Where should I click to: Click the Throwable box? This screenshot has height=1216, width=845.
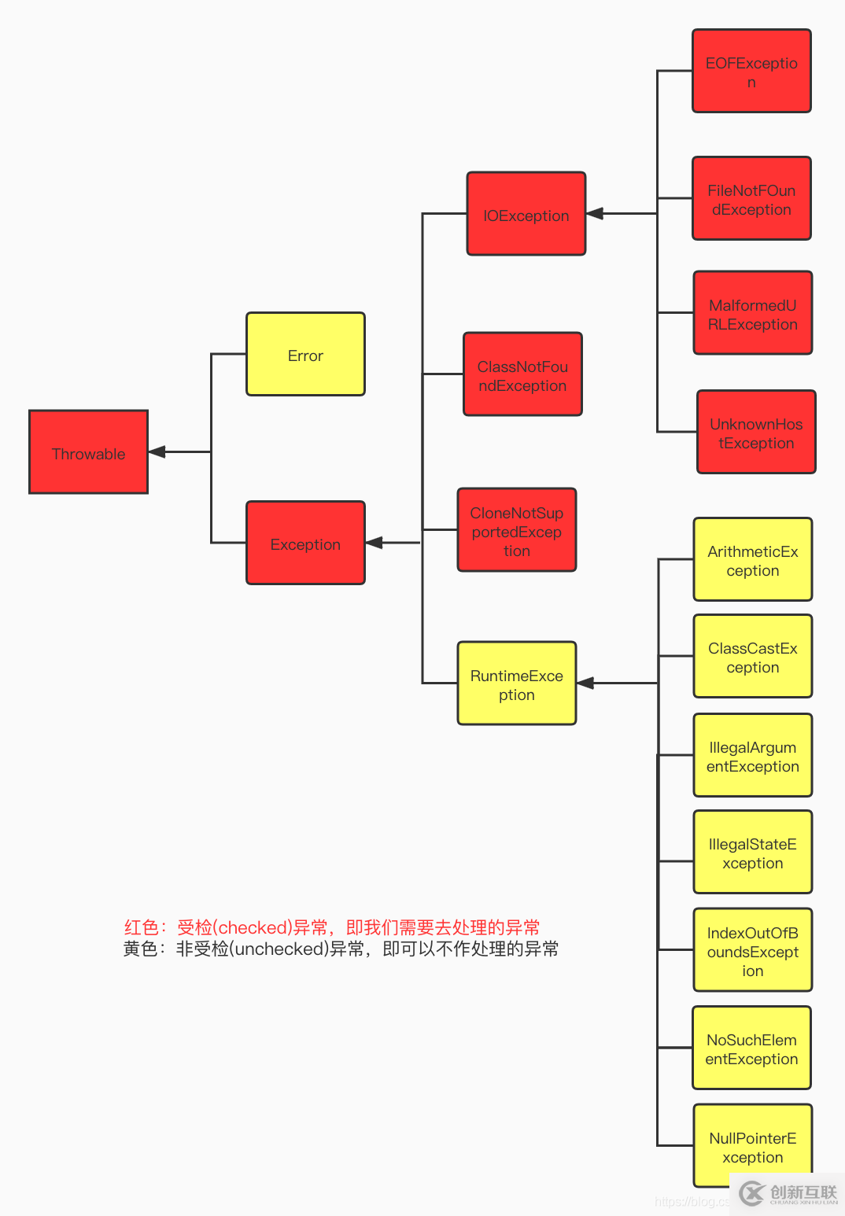click(88, 452)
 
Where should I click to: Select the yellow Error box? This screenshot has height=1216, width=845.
click(305, 354)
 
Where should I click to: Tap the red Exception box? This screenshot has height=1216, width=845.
click(305, 543)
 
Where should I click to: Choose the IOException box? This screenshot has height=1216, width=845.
click(526, 214)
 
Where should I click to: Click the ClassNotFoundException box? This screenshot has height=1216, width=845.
click(522, 374)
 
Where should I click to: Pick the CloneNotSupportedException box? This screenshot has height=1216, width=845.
click(516, 530)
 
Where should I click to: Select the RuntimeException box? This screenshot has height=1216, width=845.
click(516, 684)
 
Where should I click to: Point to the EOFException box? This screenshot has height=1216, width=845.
click(751, 72)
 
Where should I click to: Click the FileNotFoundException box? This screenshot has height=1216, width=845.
click(751, 199)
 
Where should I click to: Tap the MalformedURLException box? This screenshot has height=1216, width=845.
click(752, 313)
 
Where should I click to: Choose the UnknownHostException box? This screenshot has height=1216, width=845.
click(756, 432)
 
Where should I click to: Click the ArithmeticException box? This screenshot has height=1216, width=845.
click(752, 559)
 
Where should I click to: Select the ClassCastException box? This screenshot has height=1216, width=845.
click(752, 656)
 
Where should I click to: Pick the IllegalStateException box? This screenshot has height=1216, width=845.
click(752, 852)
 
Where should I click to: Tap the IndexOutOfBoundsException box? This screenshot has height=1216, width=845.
click(752, 950)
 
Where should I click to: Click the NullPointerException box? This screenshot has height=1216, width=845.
click(752, 1146)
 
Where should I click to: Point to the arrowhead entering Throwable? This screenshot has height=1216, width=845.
click(157, 451)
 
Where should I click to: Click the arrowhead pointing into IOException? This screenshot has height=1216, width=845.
click(596, 213)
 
